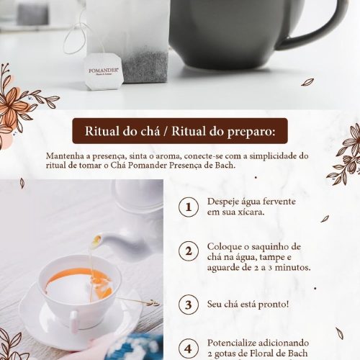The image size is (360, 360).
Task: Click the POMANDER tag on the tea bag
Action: tap(104, 71)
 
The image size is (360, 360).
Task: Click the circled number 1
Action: tap(189, 207)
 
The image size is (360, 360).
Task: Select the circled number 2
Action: tap(189, 251)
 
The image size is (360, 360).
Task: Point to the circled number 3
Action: tap(189, 305)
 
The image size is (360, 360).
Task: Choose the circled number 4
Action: tap(189, 348)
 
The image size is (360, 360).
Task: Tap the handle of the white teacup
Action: tap(74, 322)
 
